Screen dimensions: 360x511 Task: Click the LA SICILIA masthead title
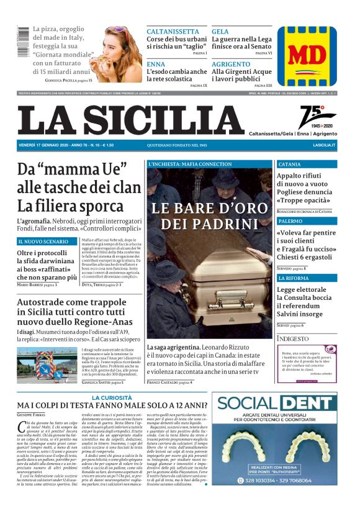coord(130,120)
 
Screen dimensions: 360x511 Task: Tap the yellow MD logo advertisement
coord(307,56)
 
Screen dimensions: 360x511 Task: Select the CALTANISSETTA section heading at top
coord(173,31)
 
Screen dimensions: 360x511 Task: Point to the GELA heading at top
coord(220,31)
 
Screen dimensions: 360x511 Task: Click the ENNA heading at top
coord(156,64)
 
